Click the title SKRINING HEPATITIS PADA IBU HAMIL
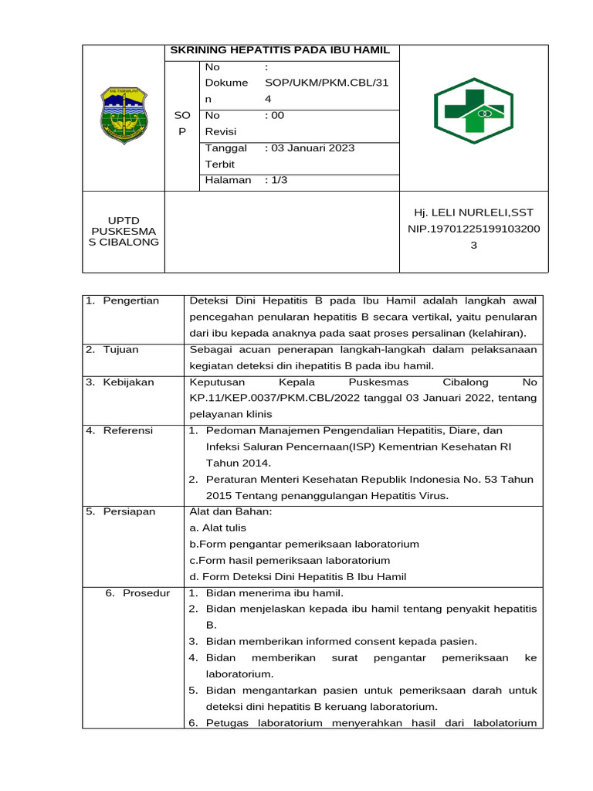pos(280,51)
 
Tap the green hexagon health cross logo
pos(473,110)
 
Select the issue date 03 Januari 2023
pos(309,148)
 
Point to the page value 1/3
pos(276,180)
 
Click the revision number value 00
pos(274,115)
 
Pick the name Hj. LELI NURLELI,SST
pos(473,212)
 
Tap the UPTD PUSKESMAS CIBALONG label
pos(123,231)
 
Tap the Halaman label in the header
pos(228,180)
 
